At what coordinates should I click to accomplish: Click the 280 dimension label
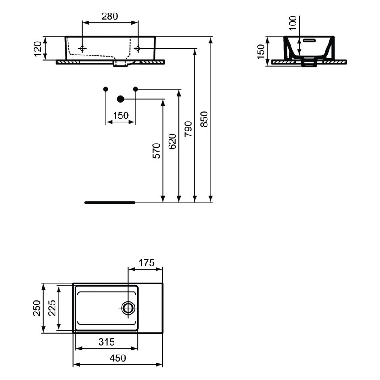[110, 17]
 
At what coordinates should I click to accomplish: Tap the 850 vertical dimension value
[204, 119]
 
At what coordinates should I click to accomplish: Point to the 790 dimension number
[188, 128]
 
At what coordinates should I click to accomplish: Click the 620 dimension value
[173, 141]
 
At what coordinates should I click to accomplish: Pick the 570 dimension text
[156, 151]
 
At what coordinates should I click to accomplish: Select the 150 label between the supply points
[120, 116]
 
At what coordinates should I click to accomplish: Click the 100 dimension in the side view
[293, 22]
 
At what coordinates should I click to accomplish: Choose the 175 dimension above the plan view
[146, 263]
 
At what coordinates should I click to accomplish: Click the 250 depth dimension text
[37, 308]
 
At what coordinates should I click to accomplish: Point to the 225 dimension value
[52, 308]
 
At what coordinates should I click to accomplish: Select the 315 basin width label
[106, 342]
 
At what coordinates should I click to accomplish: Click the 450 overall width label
[118, 359]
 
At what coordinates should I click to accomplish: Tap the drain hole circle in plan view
[128, 308]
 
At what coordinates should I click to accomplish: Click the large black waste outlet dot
[120, 99]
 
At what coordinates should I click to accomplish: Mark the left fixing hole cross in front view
[82, 48]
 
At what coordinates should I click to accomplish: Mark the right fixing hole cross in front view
[138, 48]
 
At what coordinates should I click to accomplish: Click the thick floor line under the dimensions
[110, 203]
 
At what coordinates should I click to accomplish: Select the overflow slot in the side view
[309, 40]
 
